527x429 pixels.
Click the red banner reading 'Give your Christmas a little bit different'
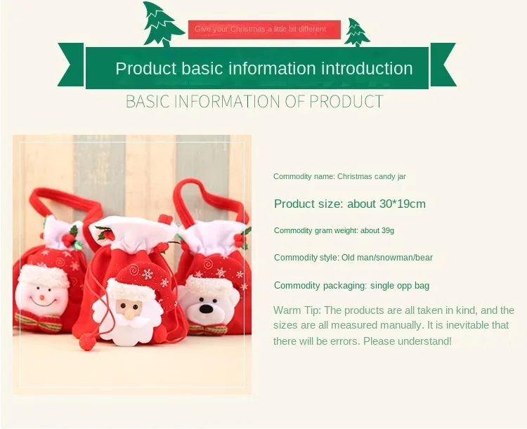pyautogui.click(x=264, y=29)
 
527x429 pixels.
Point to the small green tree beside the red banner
pyautogui.click(x=356, y=33)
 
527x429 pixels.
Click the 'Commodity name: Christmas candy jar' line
pyautogui.click(x=339, y=176)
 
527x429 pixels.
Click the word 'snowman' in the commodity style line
pyautogui.click(x=390, y=258)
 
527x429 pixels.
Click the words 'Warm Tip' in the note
pyautogui.click(x=296, y=310)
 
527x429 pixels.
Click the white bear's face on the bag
pyautogui.click(x=208, y=305)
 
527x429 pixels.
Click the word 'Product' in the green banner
pyautogui.click(x=145, y=69)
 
